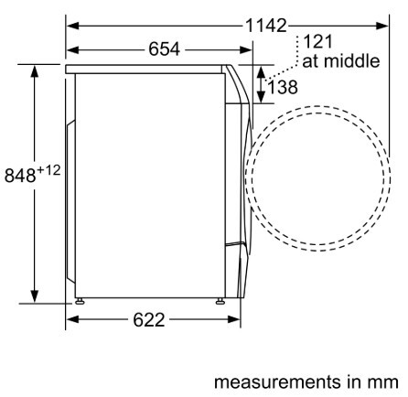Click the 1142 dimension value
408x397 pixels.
[266, 26]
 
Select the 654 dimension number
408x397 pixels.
[165, 49]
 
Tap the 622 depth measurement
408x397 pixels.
[149, 320]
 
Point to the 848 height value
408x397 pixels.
[20, 176]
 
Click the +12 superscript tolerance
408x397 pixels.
[48, 170]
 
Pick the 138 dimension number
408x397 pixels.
[283, 87]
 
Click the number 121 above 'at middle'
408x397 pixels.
[317, 42]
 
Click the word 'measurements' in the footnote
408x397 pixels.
[277, 382]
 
